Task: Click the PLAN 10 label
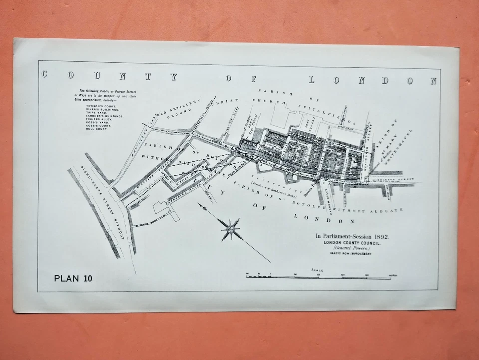point(73,278)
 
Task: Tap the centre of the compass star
point(231,229)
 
